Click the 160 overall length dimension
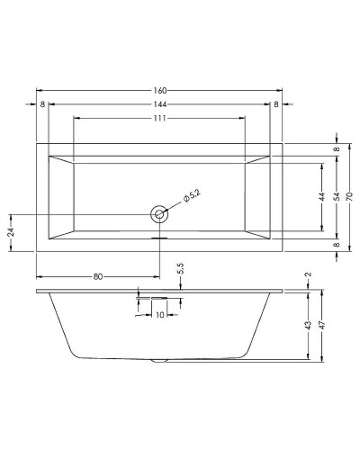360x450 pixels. (160, 90)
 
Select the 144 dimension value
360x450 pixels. (160, 104)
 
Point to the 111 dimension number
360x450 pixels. (160, 119)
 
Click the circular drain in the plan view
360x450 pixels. (159, 214)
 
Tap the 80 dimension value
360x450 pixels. (97, 276)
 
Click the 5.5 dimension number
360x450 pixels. (181, 269)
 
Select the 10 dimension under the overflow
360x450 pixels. (159, 315)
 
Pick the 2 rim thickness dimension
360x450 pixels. (307, 276)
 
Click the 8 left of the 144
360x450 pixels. (43, 104)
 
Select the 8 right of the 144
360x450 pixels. (276, 104)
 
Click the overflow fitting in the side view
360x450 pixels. (159, 297)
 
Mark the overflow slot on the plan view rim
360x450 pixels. (159, 238)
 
